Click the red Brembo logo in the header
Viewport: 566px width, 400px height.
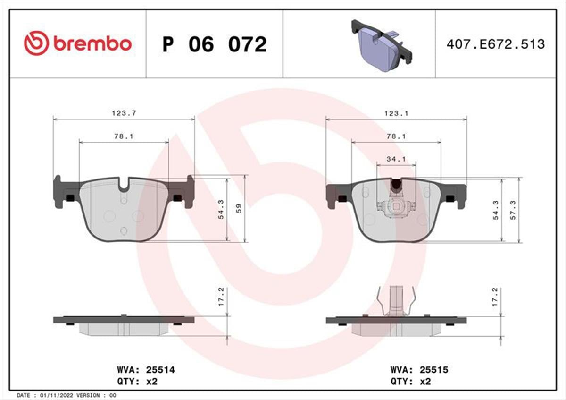pyautogui.click(x=78, y=43)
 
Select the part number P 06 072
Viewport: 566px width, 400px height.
pyautogui.click(x=215, y=44)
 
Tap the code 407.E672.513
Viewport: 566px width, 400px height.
pyautogui.click(x=496, y=44)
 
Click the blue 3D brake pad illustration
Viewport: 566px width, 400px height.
pyautogui.click(x=382, y=45)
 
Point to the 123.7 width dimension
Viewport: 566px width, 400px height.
pyautogui.click(x=124, y=113)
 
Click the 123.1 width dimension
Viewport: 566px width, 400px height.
pyautogui.click(x=396, y=114)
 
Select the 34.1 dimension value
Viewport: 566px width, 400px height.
pyautogui.click(x=396, y=159)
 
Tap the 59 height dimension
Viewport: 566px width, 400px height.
pyautogui.click(x=239, y=208)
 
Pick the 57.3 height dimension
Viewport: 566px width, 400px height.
pyautogui.click(x=513, y=210)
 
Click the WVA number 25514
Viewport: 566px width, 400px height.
pyautogui.click(x=160, y=370)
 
